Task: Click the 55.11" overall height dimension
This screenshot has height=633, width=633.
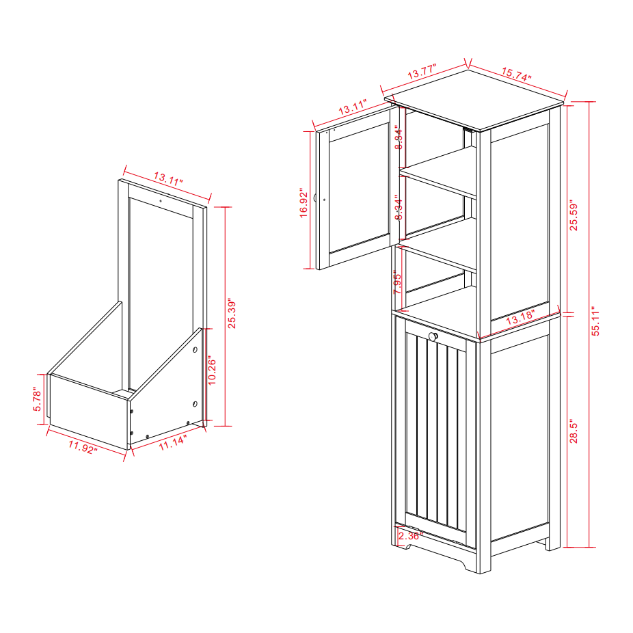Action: point(596,321)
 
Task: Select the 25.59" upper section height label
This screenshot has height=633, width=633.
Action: point(574,215)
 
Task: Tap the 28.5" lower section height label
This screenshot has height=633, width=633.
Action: point(574,432)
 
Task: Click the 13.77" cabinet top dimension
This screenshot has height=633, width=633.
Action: point(422,71)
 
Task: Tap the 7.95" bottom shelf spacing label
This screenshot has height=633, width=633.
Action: point(397,282)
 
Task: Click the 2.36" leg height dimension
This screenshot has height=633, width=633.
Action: point(410,535)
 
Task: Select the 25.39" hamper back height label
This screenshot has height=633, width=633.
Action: point(233,312)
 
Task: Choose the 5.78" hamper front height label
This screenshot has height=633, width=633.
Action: point(38,399)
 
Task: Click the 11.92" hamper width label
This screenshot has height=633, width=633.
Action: point(83,446)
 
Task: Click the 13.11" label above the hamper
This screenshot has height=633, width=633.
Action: point(167,180)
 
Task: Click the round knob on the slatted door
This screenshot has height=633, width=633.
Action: point(433,336)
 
